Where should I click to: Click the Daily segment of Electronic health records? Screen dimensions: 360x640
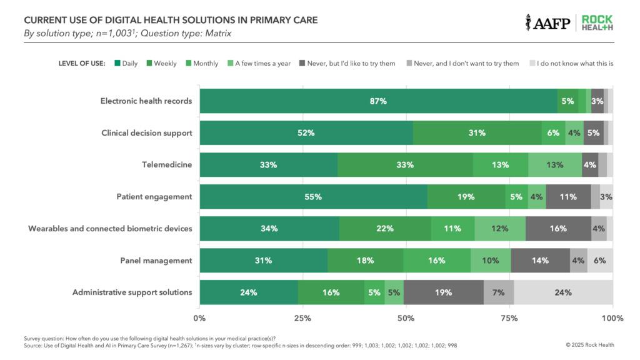(378, 101)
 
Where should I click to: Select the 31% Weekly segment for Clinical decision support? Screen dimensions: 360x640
(477, 133)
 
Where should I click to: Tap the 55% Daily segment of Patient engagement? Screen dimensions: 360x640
(313, 197)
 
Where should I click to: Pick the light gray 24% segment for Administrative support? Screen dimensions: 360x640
(563, 292)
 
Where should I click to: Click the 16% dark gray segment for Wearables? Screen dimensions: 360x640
(558, 229)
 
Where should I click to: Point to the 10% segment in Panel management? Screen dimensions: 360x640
(491, 261)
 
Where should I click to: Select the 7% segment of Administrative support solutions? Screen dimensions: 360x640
(499, 292)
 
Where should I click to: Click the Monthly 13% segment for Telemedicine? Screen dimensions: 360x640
(500, 165)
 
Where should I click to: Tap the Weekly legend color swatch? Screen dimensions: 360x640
(149, 63)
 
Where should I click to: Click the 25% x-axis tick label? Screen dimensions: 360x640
(302, 318)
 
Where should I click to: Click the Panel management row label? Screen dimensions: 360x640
(156, 261)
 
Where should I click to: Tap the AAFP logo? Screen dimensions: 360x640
(547, 22)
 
